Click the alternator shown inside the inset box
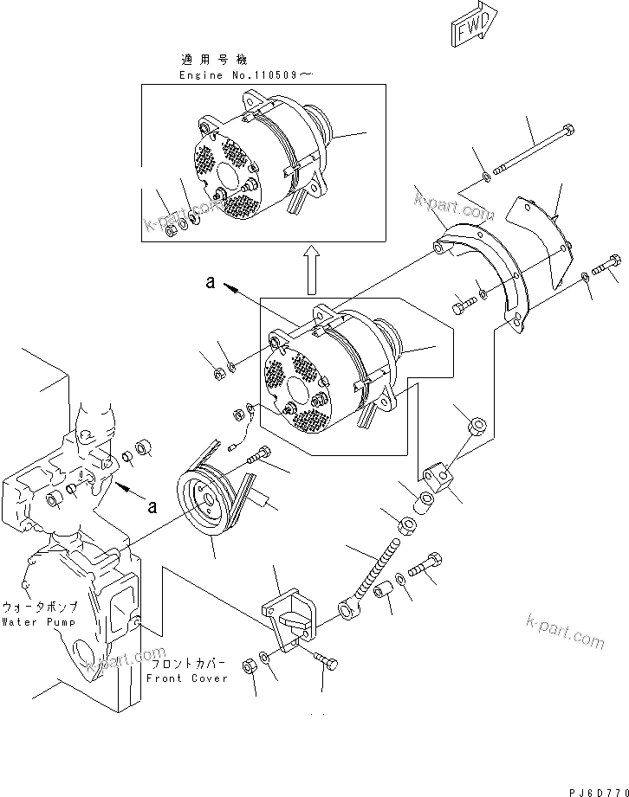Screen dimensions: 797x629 [260, 164]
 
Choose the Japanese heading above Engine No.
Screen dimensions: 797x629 [214, 61]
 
